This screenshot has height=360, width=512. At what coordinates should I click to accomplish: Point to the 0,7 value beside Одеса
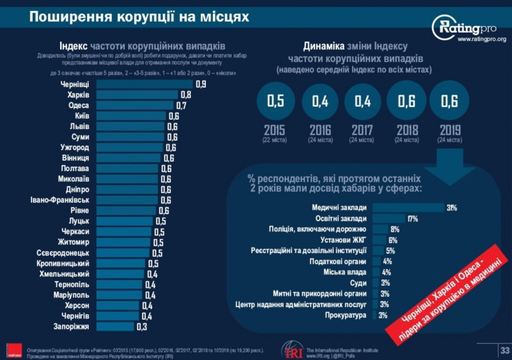click(181, 106)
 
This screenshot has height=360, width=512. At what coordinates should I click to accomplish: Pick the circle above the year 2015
click(275, 101)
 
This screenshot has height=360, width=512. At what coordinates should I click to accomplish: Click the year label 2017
click(362, 130)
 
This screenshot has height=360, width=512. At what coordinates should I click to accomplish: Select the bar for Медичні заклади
click(408, 208)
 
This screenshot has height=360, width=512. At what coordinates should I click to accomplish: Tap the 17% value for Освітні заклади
click(413, 219)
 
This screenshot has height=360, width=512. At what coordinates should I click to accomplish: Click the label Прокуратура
click(346, 315)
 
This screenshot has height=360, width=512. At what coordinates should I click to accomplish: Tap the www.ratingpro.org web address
click(481, 40)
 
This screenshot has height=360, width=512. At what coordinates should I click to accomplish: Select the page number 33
click(504, 350)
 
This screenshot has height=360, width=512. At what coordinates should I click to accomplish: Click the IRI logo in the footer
click(292, 350)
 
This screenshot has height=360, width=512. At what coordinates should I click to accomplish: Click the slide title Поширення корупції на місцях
click(140, 16)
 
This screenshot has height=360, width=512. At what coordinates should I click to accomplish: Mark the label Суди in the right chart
click(358, 283)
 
